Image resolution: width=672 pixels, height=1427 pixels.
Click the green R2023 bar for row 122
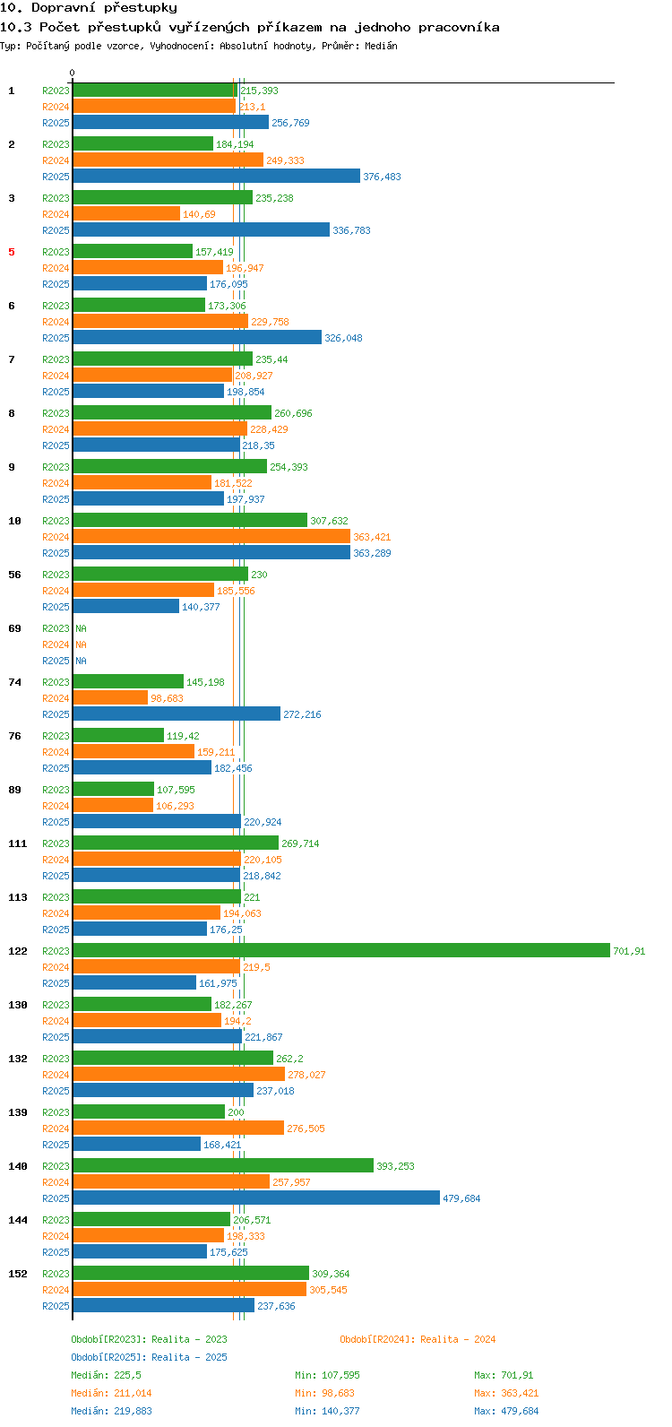pos(341,950)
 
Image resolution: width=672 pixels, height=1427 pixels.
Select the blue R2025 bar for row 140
pos(256,1198)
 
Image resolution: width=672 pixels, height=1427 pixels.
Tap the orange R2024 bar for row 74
pos(110,697)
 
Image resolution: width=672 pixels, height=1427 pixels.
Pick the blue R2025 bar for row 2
pos(217,176)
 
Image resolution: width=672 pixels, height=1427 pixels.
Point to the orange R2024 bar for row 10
pos(211,536)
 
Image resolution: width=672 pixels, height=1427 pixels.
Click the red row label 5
pos(12,252)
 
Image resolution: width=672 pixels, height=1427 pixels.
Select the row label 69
pos(14,628)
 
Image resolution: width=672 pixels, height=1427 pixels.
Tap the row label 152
pos(18,1274)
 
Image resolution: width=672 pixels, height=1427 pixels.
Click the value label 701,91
pos(629,951)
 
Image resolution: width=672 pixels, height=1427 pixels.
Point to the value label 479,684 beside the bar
pos(461,1198)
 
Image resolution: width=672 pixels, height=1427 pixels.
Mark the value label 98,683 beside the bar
pos(167,698)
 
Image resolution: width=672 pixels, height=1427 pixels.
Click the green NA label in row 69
pos(81,628)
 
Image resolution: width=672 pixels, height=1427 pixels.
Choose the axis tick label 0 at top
pos(72,73)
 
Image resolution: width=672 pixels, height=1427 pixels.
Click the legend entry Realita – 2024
pos(458,1339)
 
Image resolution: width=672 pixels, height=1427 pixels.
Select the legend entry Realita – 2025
pos(189,1357)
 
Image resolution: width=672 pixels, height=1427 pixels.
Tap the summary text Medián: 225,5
pos(107,1375)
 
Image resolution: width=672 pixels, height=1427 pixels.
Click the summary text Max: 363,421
pos(504,1393)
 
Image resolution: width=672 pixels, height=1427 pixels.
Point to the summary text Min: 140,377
pos(327,1411)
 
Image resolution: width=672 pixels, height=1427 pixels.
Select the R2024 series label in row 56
pos(56,591)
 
